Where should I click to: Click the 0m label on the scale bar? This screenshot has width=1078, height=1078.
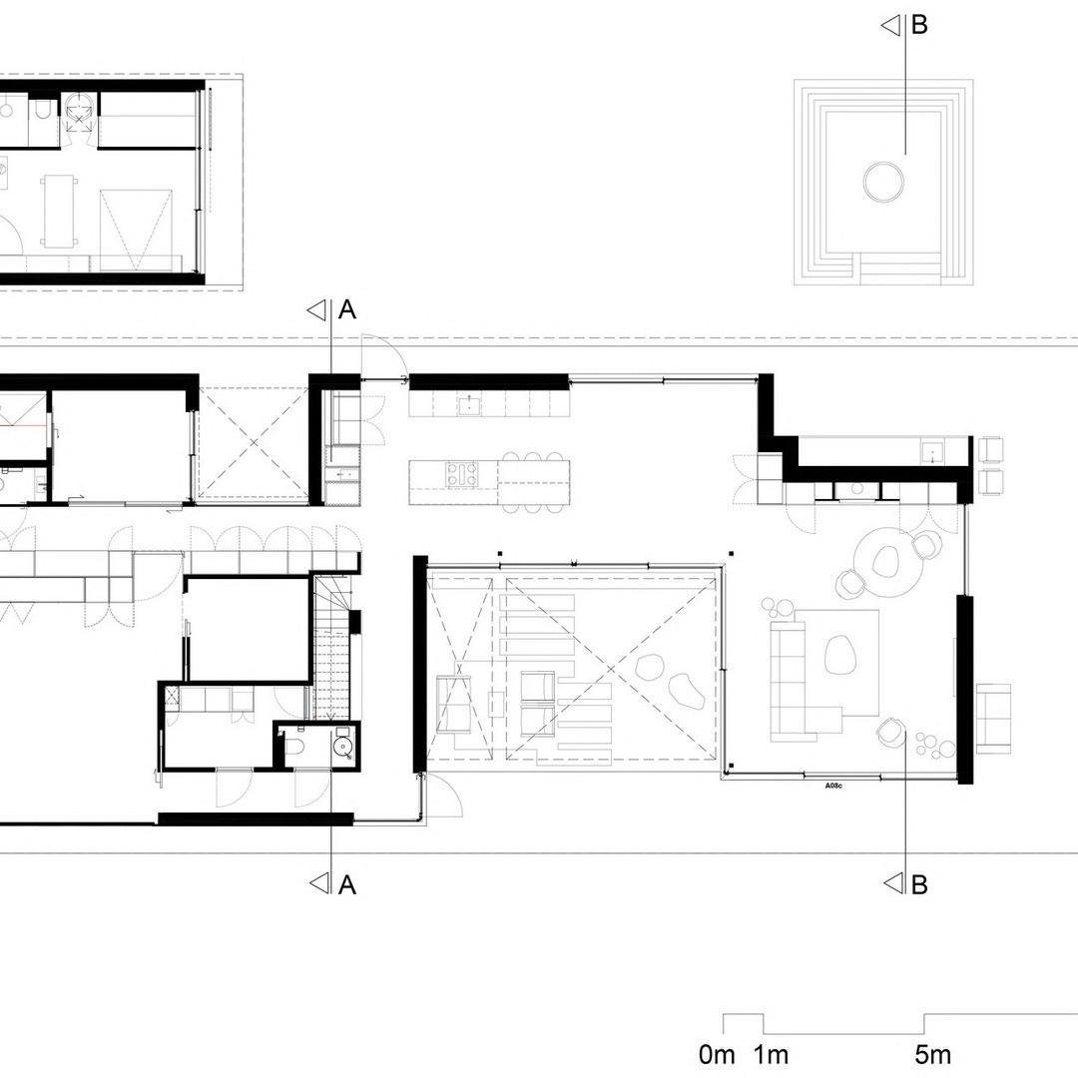[x=717, y=1054]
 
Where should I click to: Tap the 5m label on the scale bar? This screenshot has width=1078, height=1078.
[x=933, y=1054]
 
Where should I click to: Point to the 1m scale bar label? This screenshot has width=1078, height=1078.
[x=771, y=1054]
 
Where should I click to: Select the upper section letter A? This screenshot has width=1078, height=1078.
[x=348, y=310]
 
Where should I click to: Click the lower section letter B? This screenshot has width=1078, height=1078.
[x=919, y=883]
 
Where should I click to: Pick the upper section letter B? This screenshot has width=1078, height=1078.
[x=919, y=25]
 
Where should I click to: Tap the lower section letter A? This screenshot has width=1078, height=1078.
[x=348, y=884]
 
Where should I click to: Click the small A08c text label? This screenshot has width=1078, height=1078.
[x=833, y=786]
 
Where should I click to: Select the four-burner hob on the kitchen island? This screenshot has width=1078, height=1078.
[x=463, y=474]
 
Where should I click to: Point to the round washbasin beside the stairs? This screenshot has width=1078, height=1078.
[x=341, y=745]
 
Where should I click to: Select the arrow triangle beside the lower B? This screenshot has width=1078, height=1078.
[x=891, y=882]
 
